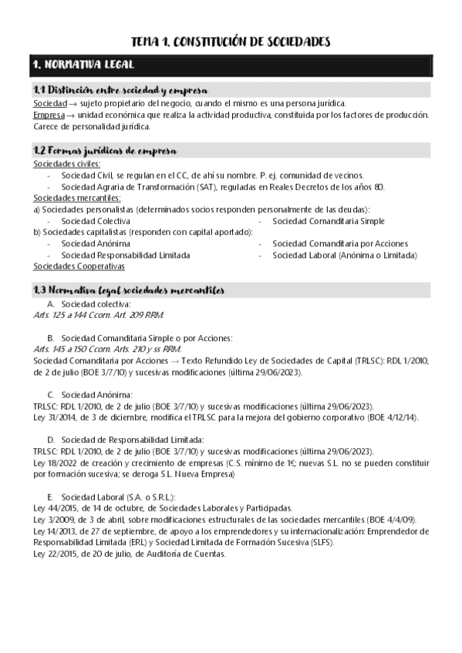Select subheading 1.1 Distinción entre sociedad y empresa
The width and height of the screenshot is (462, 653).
pyautogui.click(x=119, y=91)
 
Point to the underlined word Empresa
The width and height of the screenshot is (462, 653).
pyautogui.click(x=49, y=115)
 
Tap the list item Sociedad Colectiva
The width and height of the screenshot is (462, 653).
pyautogui.click(x=96, y=221)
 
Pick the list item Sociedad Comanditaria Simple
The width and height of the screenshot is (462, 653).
pyautogui.click(x=328, y=221)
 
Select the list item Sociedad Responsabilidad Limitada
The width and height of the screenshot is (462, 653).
pyautogui.click(x=126, y=255)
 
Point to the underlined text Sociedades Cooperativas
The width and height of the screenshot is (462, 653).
pyautogui.click(x=79, y=266)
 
